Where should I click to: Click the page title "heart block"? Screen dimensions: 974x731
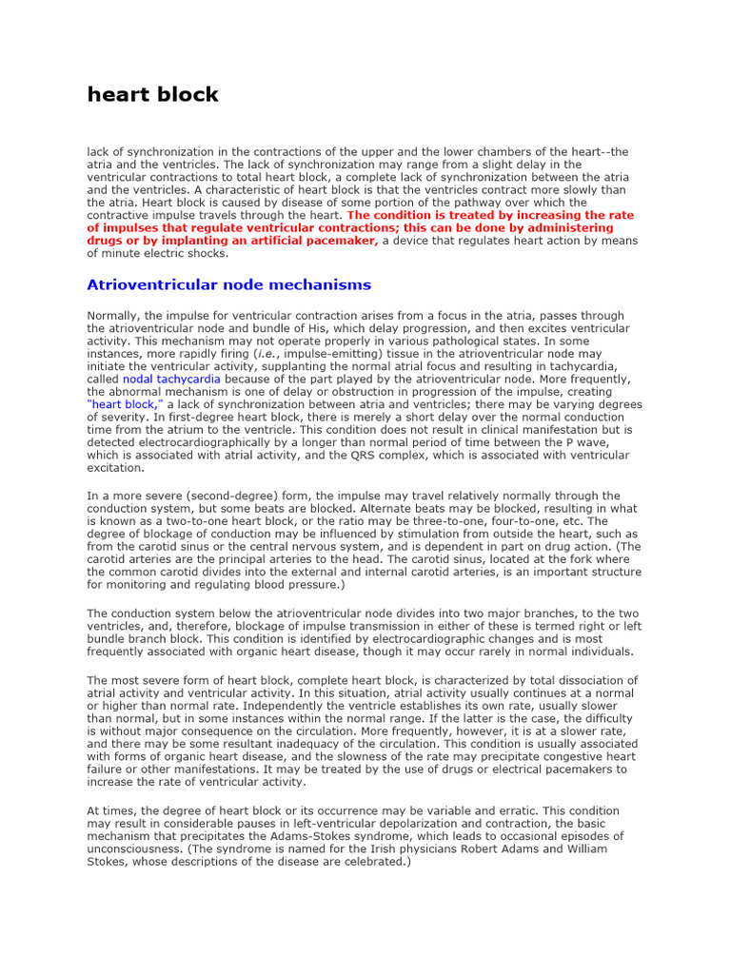click(x=152, y=94)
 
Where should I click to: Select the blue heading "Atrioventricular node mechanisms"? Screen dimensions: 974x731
click(x=228, y=284)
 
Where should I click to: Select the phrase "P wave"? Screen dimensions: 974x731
click(x=609, y=442)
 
